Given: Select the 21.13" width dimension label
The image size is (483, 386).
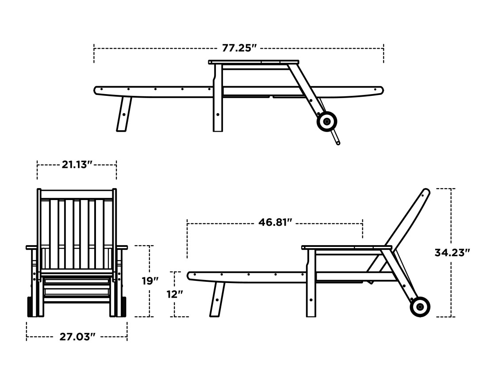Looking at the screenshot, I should tap(77, 165).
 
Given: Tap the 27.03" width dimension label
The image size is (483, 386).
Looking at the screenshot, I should tap(77, 337).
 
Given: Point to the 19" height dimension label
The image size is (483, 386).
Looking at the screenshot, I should tap(150, 281).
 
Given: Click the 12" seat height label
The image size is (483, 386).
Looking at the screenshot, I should tap(175, 294).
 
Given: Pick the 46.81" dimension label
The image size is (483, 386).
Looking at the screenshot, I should tap(276, 222).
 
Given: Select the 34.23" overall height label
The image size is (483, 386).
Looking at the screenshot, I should tap(452, 253).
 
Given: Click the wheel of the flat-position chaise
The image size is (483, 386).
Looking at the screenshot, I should tap(327, 121).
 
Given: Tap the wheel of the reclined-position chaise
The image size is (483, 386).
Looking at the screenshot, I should tap(420, 307).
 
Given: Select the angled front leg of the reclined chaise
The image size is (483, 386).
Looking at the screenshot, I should tap(217, 299).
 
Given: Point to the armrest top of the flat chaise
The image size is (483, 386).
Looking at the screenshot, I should tap(253, 62).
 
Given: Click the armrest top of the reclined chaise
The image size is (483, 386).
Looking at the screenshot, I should tap(346, 247).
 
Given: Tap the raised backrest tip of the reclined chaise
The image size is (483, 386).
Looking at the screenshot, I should tap(425, 193).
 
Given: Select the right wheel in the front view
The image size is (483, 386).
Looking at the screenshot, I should tap(123, 307).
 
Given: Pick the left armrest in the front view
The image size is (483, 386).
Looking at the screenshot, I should tap(32, 247).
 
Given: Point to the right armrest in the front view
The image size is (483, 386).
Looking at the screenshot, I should tap(122, 247).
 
